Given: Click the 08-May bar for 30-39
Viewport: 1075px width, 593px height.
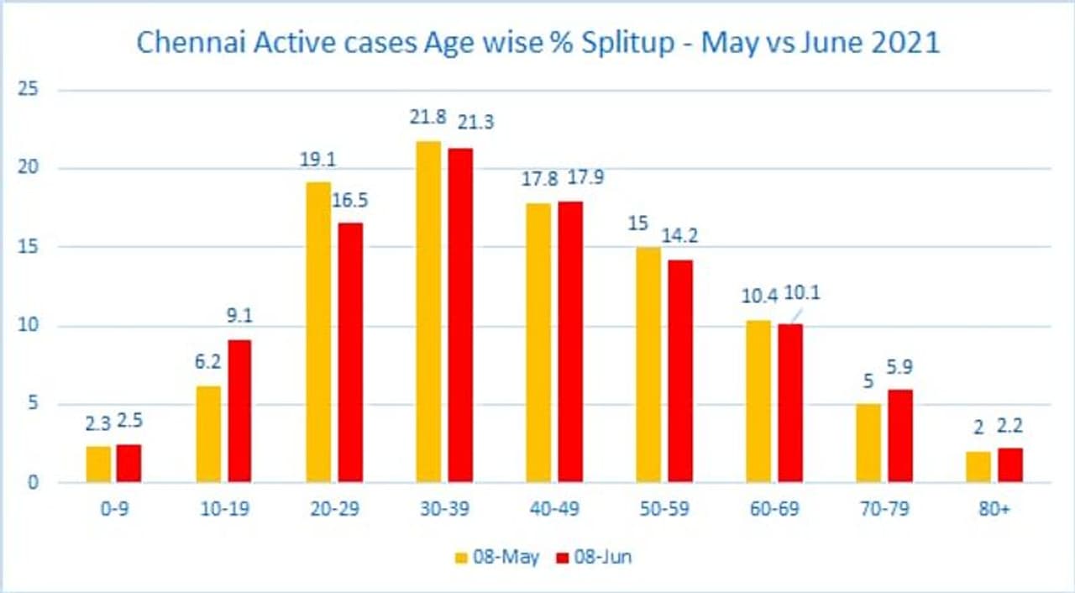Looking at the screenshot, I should (x=428, y=312).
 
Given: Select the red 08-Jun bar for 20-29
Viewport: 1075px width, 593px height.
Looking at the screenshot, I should (x=350, y=352).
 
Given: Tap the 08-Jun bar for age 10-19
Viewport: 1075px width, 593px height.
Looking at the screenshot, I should (x=239, y=411).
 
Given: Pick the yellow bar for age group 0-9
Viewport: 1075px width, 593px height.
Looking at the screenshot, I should (x=98, y=464).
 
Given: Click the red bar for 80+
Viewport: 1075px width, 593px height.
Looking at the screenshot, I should (x=1009, y=465).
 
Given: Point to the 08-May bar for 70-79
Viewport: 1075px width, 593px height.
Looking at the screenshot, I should (x=868, y=443).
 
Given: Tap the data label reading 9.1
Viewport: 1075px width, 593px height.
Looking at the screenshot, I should (x=239, y=317).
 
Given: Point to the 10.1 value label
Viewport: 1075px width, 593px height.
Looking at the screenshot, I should (x=803, y=293).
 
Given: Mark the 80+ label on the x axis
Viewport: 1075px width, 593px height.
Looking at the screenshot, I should (x=994, y=510).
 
